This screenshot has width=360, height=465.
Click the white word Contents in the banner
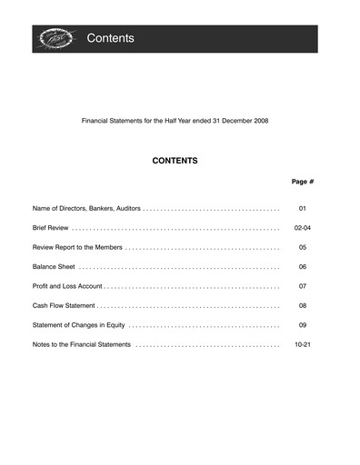click(111, 38)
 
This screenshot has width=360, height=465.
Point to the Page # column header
click(302, 182)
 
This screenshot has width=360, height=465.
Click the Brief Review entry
click(51, 228)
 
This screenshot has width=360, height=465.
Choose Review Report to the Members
click(77, 247)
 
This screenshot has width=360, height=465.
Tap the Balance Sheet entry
click(54, 267)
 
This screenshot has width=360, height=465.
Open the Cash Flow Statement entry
click(64, 306)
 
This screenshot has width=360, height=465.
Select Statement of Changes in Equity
click(78, 325)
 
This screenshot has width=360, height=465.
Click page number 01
click(303, 208)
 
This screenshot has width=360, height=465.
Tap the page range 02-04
click(303, 228)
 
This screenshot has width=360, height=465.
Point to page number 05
click(303, 247)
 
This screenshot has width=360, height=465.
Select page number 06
click(303, 267)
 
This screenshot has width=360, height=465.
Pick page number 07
click(303, 286)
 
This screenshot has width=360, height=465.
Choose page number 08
click(303, 306)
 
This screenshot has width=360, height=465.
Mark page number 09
click(303, 325)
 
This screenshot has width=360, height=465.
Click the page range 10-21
click(303, 345)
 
